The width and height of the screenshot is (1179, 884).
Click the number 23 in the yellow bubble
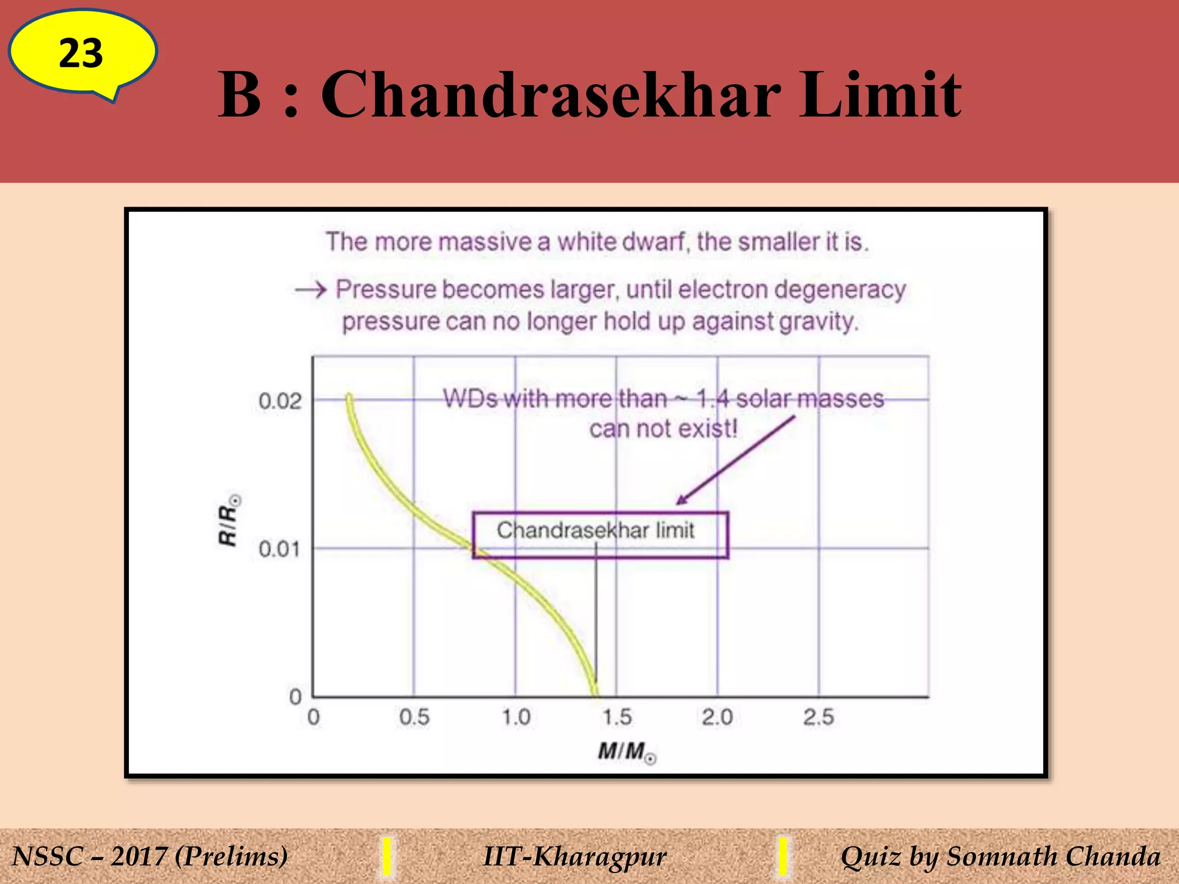coord(81,54)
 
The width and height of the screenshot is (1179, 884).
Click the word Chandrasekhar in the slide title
coord(551,95)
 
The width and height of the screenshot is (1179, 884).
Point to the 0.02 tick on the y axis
coord(280,401)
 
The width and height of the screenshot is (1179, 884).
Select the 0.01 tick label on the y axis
coord(279,548)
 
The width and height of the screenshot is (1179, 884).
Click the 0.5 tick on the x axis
coord(414,717)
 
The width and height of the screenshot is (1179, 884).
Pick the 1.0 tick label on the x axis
coord(515,717)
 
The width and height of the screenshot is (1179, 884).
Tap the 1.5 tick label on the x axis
coord(617,717)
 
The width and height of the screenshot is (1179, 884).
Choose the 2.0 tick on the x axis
coord(717,717)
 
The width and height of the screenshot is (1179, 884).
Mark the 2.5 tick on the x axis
coord(819,717)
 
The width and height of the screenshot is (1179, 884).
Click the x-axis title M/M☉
coord(626,752)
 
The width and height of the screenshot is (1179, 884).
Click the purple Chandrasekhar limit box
coord(600,534)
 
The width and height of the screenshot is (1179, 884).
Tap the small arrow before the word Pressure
coord(311,289)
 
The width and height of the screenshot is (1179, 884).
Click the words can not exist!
coord(663,429)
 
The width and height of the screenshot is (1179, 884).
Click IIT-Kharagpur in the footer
coord(575,856)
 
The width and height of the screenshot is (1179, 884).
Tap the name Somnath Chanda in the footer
coord(1053,856)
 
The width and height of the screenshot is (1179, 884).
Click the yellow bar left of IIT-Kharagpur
coord(387,856)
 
